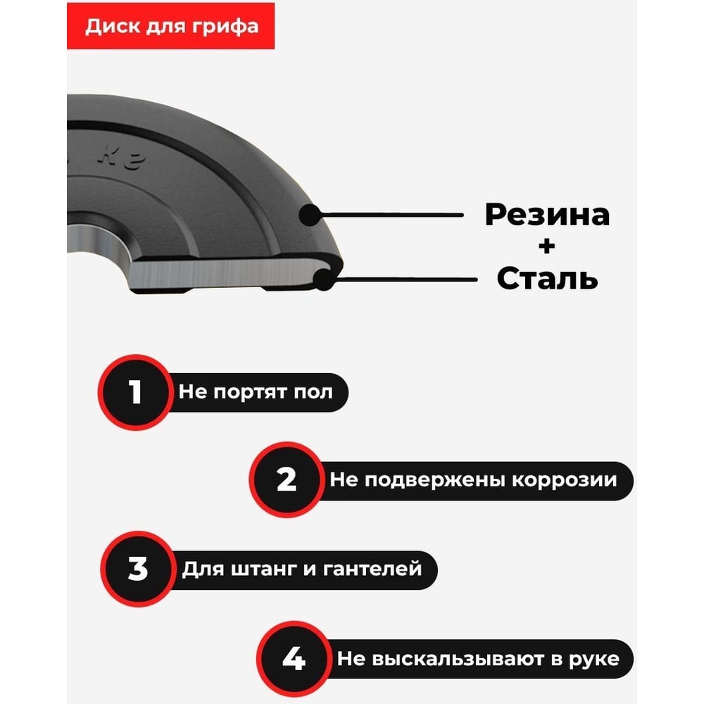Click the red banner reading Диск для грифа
[170, 26]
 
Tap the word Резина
[547, 215]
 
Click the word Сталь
[547, 278]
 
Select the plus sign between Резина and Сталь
[546, 246]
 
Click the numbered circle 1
[136, 392]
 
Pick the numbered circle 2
[287, 479]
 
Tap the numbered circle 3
[138, 568]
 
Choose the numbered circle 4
[294, 659]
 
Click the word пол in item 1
[313, 392]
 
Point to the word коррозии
[565, 480]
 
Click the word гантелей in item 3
[372, 569]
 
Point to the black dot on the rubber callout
[310, 215]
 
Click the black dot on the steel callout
[324, 279]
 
